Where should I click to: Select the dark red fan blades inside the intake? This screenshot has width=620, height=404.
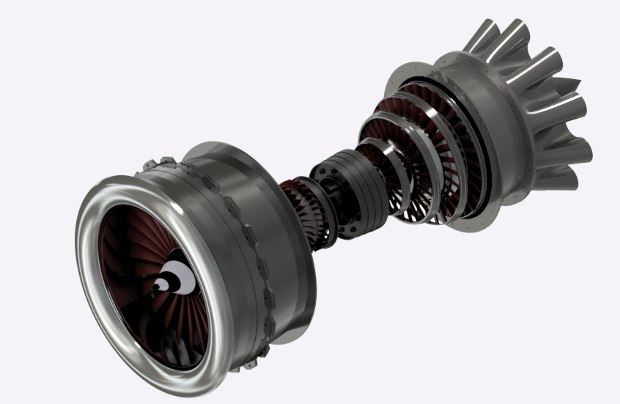pos(132,242)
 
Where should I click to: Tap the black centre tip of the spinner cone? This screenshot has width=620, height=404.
pos(159,284)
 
